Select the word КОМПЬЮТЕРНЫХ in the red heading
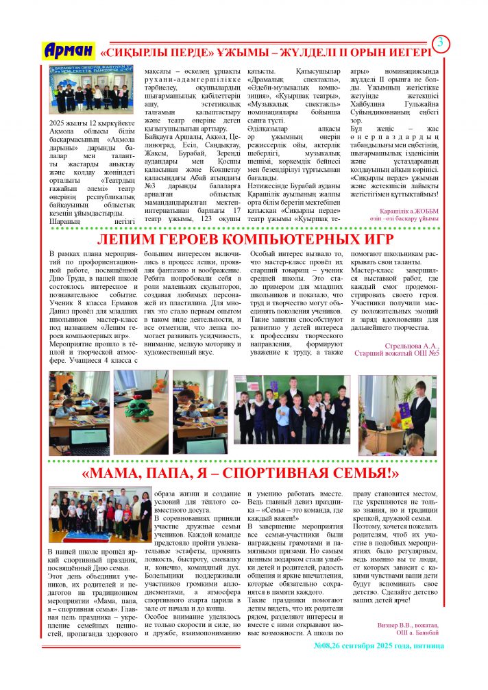[264, 239]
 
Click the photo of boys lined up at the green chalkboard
[291, 409]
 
